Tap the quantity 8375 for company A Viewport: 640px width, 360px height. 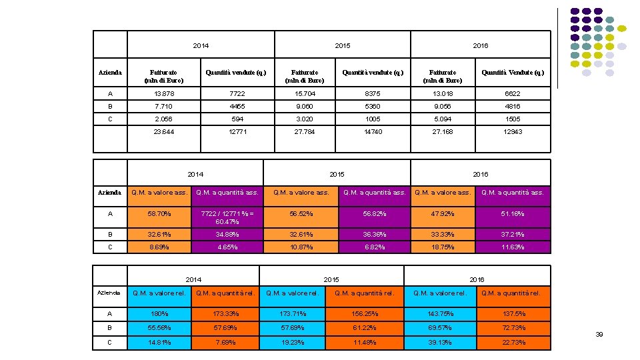point(373,94)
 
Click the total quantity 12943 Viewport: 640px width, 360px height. point(513,132)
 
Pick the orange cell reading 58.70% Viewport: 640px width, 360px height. point(159,213)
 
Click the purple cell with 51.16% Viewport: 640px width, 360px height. point(513,213)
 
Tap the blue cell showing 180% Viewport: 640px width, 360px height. point(159,313)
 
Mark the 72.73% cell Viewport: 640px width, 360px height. point(513,327)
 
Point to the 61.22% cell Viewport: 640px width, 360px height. point(365,327)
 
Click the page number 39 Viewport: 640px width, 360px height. point(599,334)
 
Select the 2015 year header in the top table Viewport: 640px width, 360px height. point(342,45)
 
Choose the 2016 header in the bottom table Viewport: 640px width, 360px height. point(477,279)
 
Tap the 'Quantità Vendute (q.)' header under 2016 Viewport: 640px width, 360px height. point(513,72)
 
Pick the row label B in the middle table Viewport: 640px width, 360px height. point(109,234)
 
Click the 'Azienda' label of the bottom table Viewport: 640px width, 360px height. point(109,293)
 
